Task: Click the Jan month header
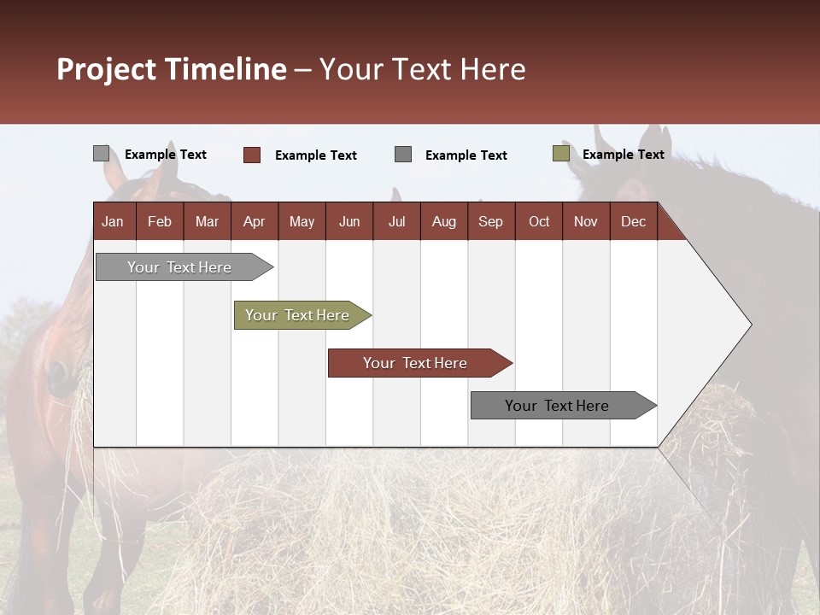click(x=114, y=221)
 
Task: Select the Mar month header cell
click(x=207, y=221)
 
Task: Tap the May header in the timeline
click(x=302, y=221)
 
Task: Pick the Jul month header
click(x=396, y=221)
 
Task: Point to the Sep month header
click(x=490, y=221)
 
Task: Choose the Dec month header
click(x=633, y=221)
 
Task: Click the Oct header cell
click(x=539, y=221)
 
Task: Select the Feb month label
click(x=160, y=221)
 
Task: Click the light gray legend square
click(x=102, y=154)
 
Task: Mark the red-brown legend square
click(x=252, y=155)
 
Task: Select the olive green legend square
click(x=561, y=154)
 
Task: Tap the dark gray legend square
click(x=403, y=155)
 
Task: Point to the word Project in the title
click(x=106, y=69)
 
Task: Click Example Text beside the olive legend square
click(x=623, y=155)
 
